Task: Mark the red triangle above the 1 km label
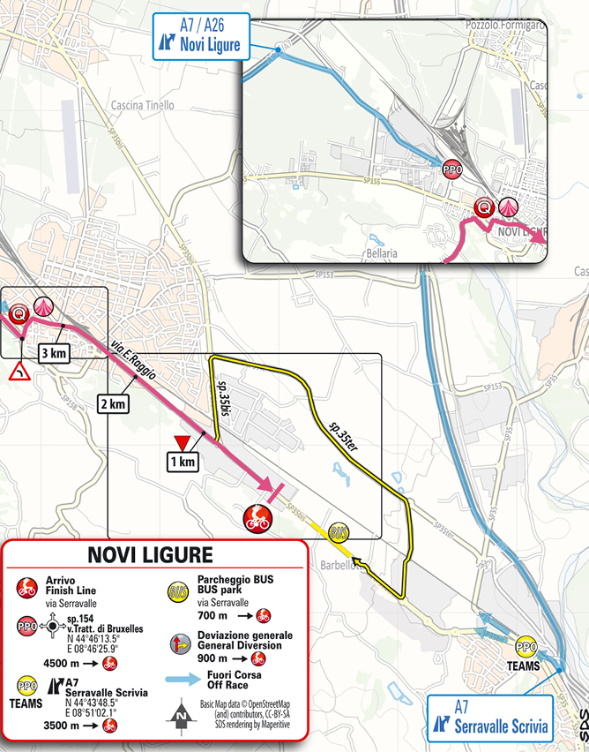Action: [x=183, y=442]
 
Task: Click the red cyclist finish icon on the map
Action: [x=257, y=518]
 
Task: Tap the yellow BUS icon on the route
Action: [x=338, y=532]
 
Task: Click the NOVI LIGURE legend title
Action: [x=150, y=555]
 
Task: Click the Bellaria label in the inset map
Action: [x=378, y=252]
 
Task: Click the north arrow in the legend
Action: [x=182, y=709]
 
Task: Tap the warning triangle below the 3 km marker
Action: [x=18, y=374]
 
